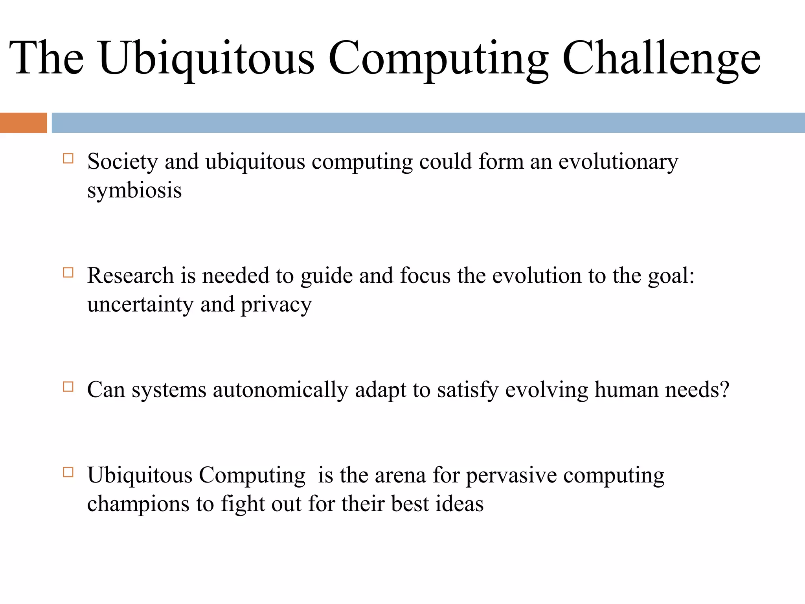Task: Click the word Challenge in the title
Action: pyautogui.click(x=661, y=59)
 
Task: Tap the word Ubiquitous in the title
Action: pyautogui.click(x=206, y=59)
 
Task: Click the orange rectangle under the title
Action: pyautogui.click(x=23, y=123)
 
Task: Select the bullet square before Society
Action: pyautogui.click(x=68, y=158)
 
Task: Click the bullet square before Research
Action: pyautogui.click(x=68, y=273)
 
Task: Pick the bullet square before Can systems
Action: pyautogui.click(x=68, y=387)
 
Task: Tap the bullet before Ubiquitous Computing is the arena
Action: pyautogui.click(x=68, y=472)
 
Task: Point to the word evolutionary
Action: pyautogui.click(x=618, y=162)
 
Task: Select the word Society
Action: pyautogui.click(x=122, y=162)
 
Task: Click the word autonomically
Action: pyautogui.click(x=280, y=390)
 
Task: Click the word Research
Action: pyautogui.click(x=130, y=276)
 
